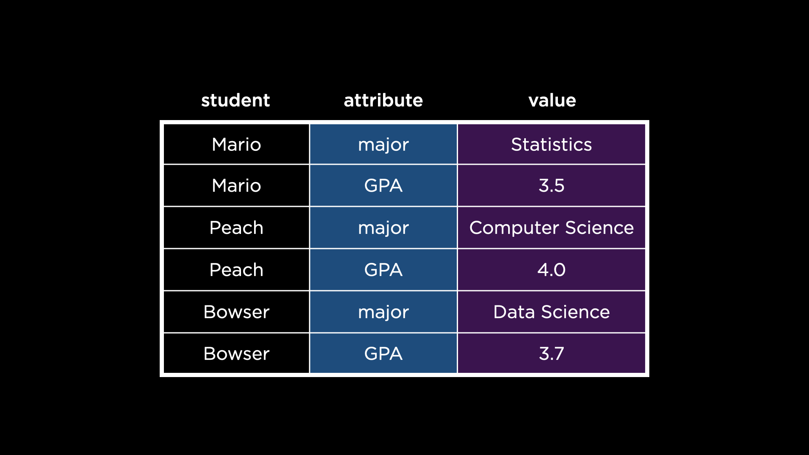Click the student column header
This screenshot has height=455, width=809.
pos(236,100)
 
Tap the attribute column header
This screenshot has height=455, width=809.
pos(383,100)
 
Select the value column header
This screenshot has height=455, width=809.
pos(552,100)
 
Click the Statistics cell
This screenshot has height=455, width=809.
pos(551,145)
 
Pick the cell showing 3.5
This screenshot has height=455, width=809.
pos(551,185)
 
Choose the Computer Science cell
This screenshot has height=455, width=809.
pos(551,227)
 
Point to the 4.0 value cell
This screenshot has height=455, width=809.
pos(551,270)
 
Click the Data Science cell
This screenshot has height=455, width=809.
pos(551,312)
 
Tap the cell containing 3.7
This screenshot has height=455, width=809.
pos(551,353)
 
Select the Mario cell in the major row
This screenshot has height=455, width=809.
pos(236,145)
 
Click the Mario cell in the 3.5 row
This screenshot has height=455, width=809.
pos(236,185)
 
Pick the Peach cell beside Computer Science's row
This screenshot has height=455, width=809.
pos(236,227)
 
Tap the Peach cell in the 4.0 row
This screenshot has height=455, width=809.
pos(236,270)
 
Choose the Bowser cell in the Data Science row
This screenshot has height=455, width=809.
pos(236,312)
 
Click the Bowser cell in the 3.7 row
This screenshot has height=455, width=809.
pos(236,353)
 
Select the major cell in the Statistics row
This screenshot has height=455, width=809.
pos(383,145)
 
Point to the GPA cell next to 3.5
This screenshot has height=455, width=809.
pos(383,185)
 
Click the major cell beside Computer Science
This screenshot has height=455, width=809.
pos(383,227)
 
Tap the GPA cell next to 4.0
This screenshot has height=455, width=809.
pos(383,270)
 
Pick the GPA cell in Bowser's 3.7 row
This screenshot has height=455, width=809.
pos(383,353)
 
